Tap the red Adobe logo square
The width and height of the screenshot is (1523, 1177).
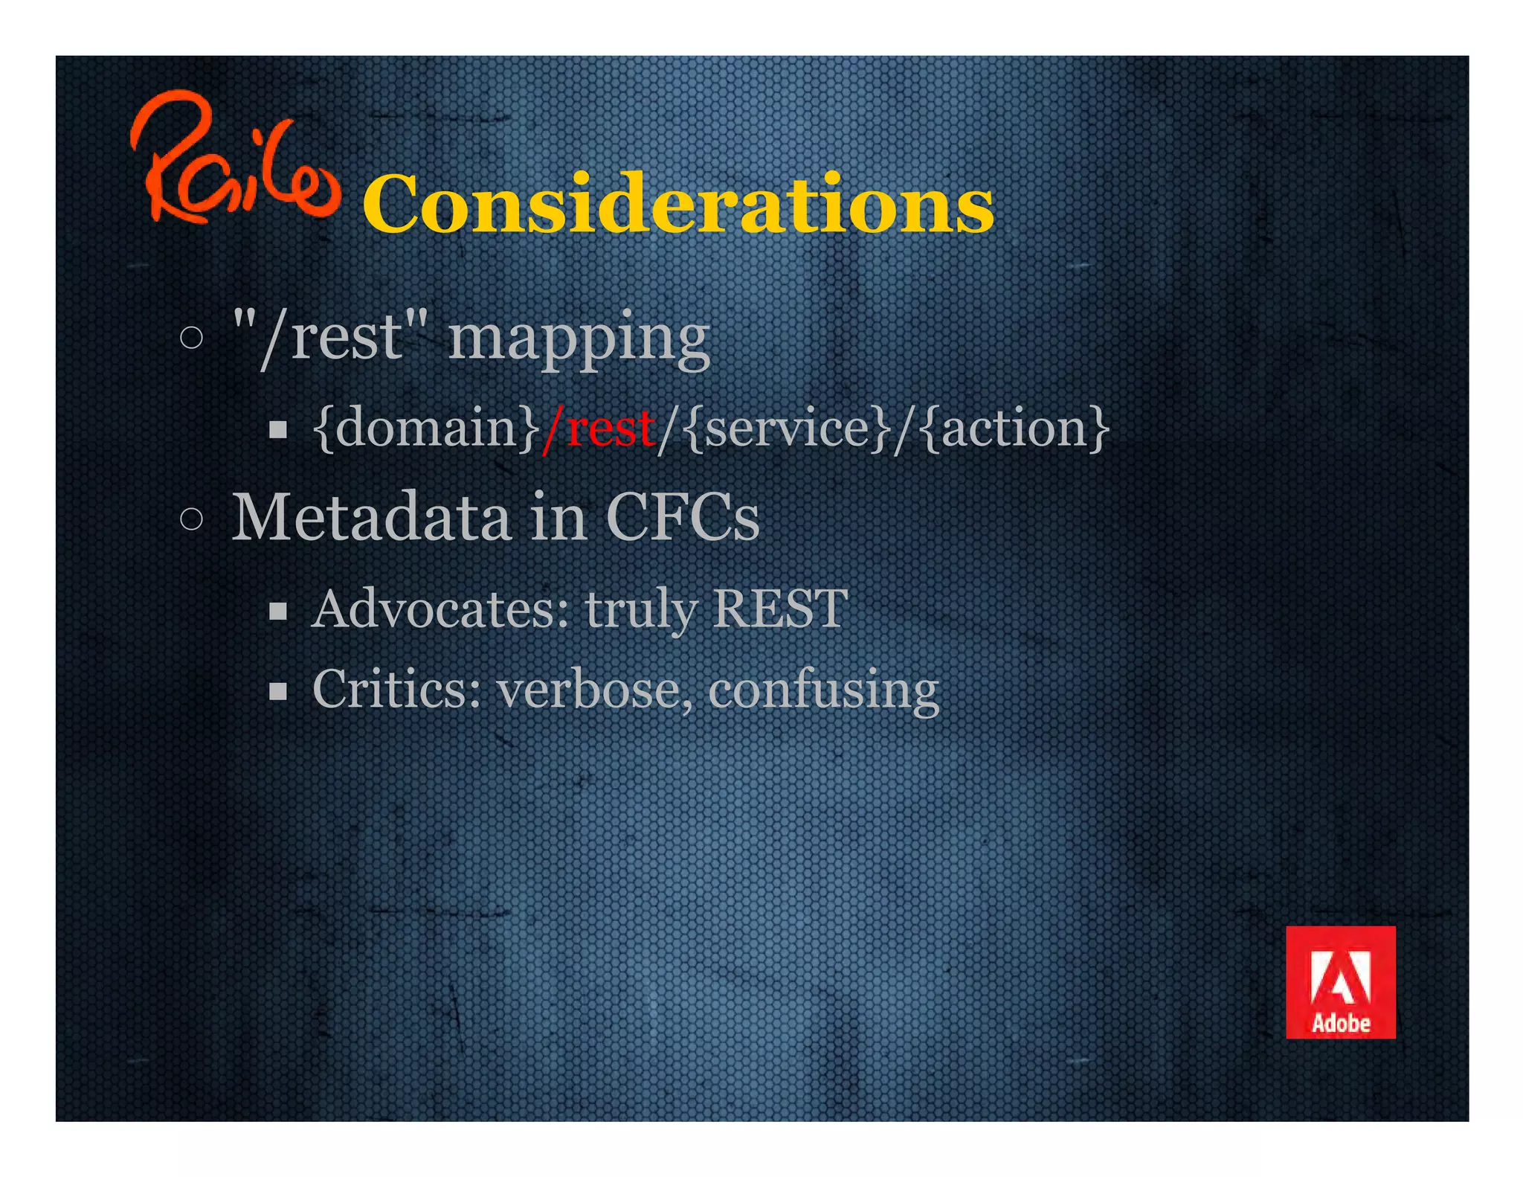pyautogui.click(x=1340, y=982)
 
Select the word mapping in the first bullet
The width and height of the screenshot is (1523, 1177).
pyautogui.click(x=579, y=339)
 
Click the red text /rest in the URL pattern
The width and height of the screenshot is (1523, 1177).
pyautogui.click(x=599, y=429)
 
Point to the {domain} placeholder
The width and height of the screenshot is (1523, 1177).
pyautogui.click(x=426, y=429)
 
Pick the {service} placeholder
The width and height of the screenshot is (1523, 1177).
pyautogui.click(x=787, y=429)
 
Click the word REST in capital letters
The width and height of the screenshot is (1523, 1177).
pyautogui.click(x=779, y=609)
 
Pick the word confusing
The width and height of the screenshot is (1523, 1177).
pyautogui.click(x=823, y=690)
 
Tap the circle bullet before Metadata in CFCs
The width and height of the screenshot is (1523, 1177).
pyautogui.click(x=191, y=519)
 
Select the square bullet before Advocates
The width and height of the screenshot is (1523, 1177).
pyautogui.click(x=278, y=612)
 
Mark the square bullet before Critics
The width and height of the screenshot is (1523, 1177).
pyautogui.click(x=278, y=692)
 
